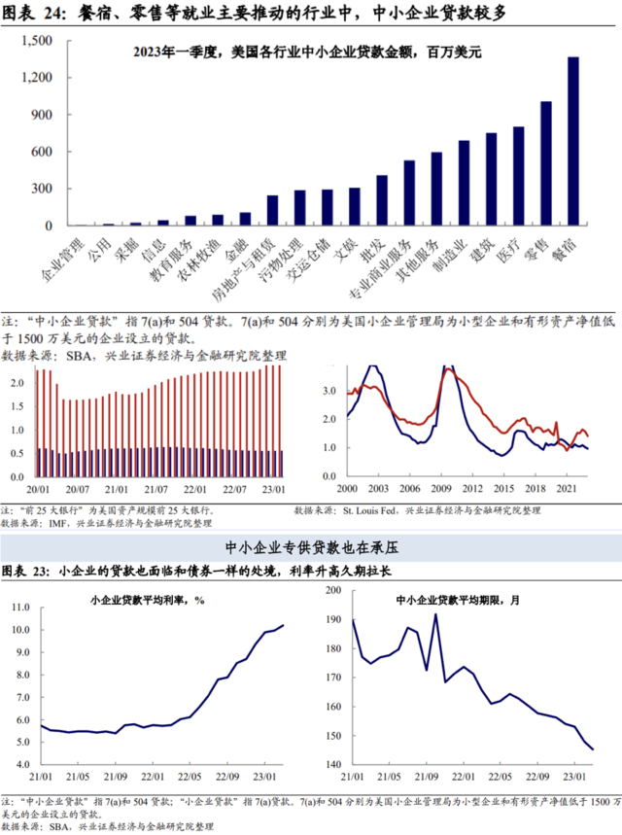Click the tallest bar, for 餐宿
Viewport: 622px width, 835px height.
point(573,141)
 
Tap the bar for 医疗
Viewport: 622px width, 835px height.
point(519,176)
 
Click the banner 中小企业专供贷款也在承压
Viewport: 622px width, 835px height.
point(311,548)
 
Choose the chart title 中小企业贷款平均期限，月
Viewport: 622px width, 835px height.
point(458,599)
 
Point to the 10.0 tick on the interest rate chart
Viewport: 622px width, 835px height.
point(19,630)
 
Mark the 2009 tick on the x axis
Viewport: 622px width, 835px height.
point(442,488)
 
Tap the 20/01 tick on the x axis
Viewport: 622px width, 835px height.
point(39,488)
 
